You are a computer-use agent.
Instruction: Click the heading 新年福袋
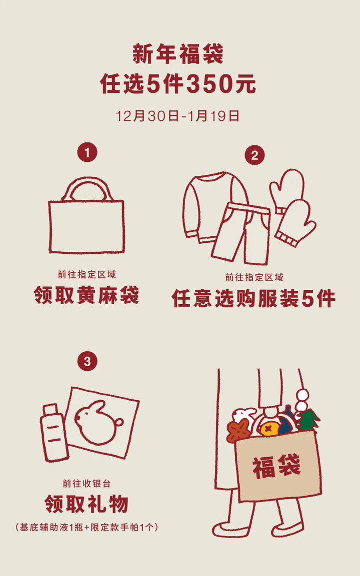click(178, 54)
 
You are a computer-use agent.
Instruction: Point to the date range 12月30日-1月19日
click(178, 116)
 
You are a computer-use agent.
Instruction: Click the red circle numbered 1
click(87, 152)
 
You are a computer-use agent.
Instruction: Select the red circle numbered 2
click(254, 155)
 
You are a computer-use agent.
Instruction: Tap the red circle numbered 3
click(87, 361)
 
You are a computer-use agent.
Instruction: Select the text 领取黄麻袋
click(86, 295)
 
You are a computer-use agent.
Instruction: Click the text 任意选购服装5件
click(253, 298)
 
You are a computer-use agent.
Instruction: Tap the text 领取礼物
click(87, 504)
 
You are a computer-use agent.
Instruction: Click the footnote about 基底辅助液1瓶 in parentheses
click(87, 527)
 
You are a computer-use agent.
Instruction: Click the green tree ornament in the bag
click(308, 420)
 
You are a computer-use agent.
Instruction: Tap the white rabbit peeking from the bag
click(244, 415)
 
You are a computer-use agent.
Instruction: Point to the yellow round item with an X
click(269, 429)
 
